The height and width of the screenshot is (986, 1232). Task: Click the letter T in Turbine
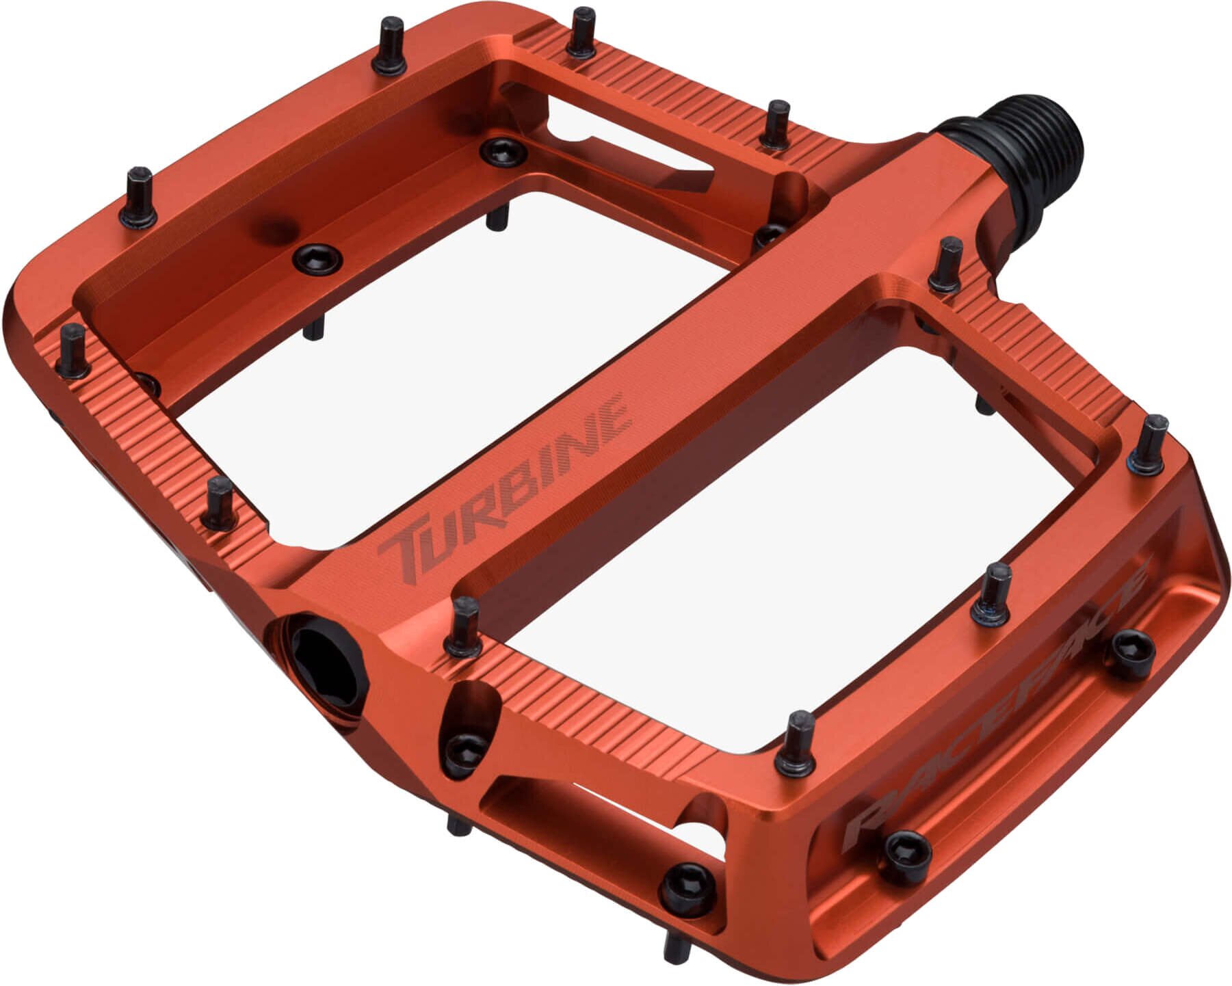[x=404, y=550]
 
